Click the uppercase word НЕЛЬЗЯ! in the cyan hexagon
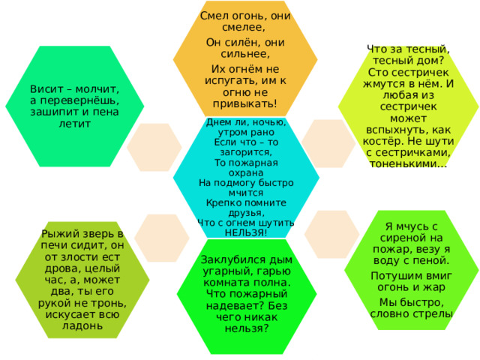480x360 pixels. (246, 232)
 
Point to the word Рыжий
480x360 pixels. (57, 234)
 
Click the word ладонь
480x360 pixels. (82, 325)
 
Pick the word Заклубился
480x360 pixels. (229, 260)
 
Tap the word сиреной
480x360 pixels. (400, 238)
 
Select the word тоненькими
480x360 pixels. (408, 164)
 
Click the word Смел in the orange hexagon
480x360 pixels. (211, 16)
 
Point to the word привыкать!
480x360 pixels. (245, 104)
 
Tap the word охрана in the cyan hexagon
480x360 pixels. (246, 173)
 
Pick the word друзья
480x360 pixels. (247, 213)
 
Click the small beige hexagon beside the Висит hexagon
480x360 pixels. (154, 147)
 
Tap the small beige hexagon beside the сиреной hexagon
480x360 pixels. (331, 234)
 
